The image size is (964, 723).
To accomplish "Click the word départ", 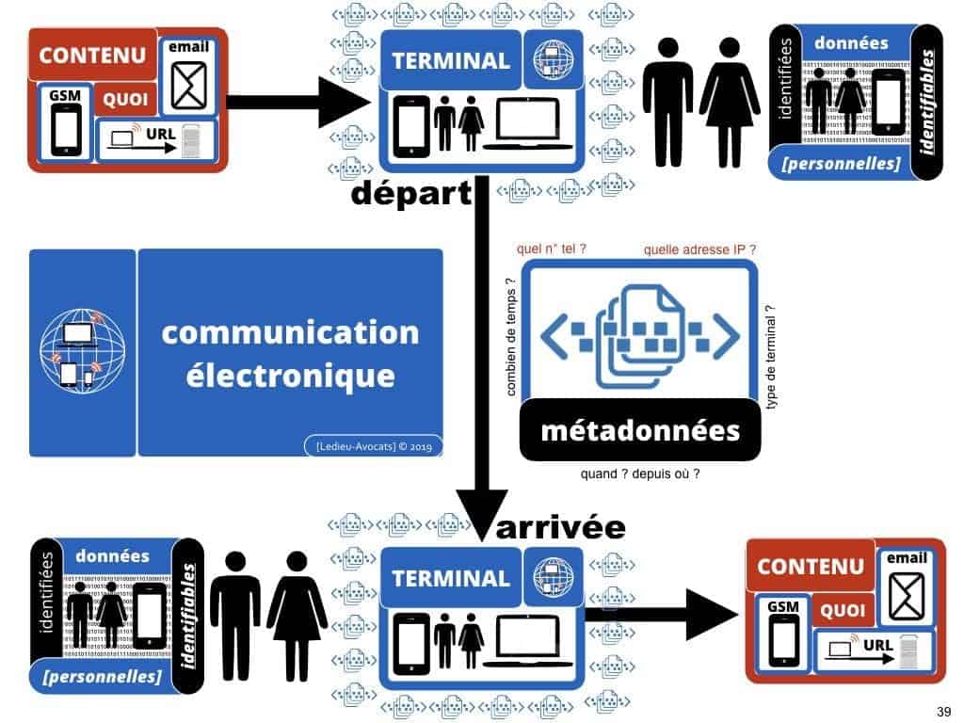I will pyautogui.click(x=410, y=196).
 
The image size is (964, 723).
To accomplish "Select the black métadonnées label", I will pyautogui.click(x=640, y=431).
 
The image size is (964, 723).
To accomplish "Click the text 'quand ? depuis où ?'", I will pyautogui.click(x=639, y=474).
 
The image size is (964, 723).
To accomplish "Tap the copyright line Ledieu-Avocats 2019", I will pyautogui.click(x=374, y=446).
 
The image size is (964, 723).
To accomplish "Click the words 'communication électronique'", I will pyautogui.click(x=290, y=353).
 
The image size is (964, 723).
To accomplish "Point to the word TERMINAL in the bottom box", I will pyautogui.click(x=451, y=578).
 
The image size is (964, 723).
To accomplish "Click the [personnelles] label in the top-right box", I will pyautogui.click(x=842, y=166).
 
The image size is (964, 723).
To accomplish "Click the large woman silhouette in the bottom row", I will pyautogui.click(x=297, y=602).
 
